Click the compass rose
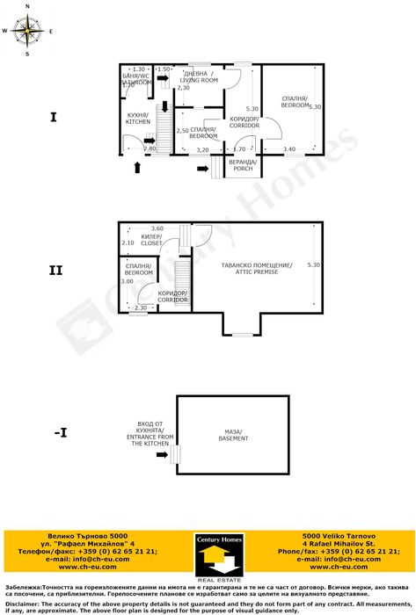[x=27, y=31]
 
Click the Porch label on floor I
[x=243, y=165]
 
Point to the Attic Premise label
[x=257, y=268]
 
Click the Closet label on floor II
[x=152, y=240]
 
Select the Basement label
[x=233, y=435]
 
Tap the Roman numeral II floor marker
[x=55, y=271]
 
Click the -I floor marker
[x=60, y=433]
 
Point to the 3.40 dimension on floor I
[x=289, y=149]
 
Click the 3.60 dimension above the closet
[x=157, y=228]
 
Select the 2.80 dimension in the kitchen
[x=150, y=149]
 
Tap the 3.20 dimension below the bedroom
[x=202, y=150]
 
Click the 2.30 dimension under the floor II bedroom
[x=140, y=308]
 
